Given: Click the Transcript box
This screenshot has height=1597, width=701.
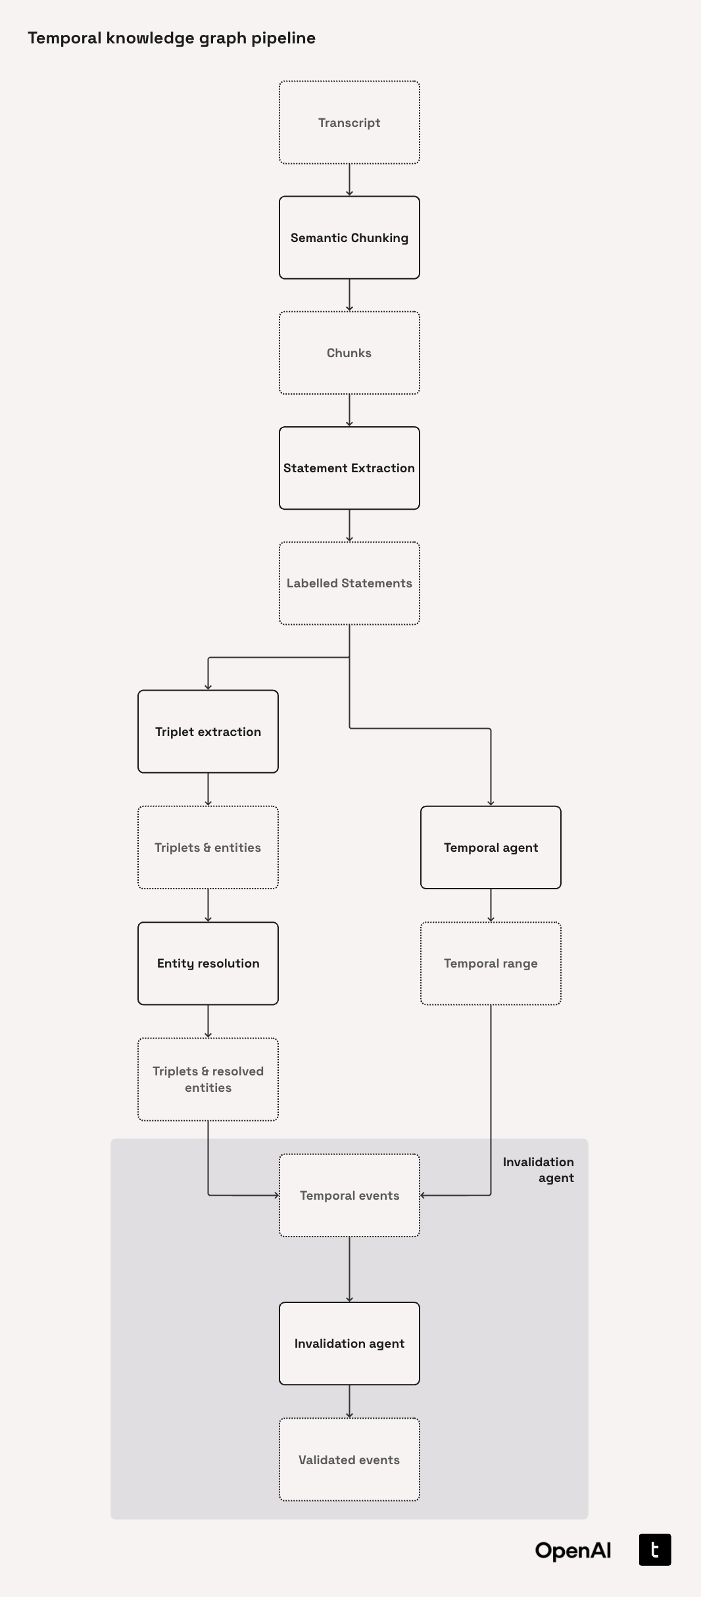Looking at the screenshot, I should coord(349,122).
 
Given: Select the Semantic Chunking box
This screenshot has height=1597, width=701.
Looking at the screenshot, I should coord(349,237).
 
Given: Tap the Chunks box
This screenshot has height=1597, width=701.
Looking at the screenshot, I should coord(349,353).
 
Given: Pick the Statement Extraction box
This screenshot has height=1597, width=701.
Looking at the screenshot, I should coord(349,468).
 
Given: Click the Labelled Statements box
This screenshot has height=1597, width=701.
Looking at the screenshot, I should coord(349,583).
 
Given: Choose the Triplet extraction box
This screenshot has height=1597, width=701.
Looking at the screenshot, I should coord(208,731).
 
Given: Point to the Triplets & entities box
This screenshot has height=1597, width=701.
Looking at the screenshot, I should coord(208,847).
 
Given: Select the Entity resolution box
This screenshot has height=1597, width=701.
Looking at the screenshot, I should coord(208,963).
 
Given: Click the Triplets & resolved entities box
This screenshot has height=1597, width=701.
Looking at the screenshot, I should coord(208,1079).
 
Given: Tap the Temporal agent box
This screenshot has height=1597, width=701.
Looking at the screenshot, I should coord(491,847).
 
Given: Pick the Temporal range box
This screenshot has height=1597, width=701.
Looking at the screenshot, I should coord(491,963).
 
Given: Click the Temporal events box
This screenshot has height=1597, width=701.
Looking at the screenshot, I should coord(349,1195).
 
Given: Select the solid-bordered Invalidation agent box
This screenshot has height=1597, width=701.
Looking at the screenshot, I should coord(349,1343).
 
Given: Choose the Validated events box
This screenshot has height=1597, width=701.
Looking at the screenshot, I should coord(349,1460).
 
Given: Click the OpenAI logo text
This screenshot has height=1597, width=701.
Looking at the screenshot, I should coord(573,1550).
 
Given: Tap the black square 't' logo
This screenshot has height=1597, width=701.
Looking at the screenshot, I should coord(655,1550).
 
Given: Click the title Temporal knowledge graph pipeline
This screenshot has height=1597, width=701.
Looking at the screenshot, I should coord(172,38).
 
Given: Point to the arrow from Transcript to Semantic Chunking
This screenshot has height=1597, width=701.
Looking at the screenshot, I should coord(349,180).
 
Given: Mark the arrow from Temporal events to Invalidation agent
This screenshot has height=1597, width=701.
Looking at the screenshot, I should coord(349,1269).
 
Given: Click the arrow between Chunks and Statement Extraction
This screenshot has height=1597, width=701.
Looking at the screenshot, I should coord(349,410).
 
